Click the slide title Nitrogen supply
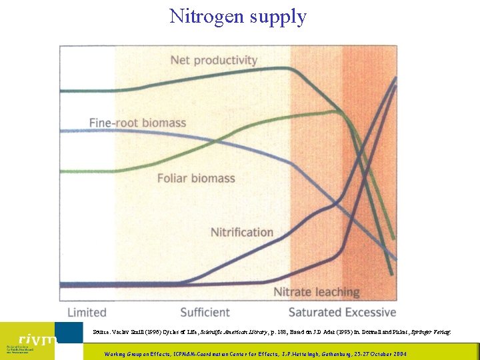[x=238, y=15]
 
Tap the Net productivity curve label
[x=213, y=60]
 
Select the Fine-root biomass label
[x=137, y=123]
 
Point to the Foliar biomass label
[x=196, y=178]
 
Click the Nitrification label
[x=242, y=232]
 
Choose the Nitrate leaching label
[x=317, y=292]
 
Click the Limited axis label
[x=87, y=312]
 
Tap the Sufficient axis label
[x=205, y=312]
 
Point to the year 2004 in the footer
[x=399, y=354]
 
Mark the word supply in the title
[x=279, y=17]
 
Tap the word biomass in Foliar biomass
[x=213, y=178]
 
